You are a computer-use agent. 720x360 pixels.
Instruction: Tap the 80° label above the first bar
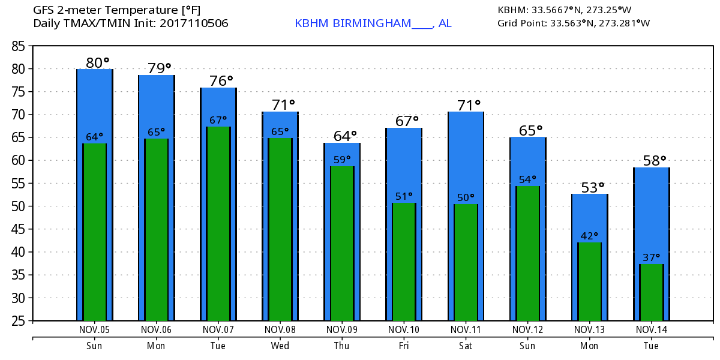point(98,62)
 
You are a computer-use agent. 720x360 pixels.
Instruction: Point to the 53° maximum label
point(593,187)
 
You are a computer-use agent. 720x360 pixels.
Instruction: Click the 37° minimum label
point(652,257)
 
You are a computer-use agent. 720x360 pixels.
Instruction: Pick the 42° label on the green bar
point(589,236)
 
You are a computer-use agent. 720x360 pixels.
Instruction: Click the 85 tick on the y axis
point(17,46)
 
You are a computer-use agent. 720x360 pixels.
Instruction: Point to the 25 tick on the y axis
point(17,320)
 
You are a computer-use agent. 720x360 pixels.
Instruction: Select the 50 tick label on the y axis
point(17,206)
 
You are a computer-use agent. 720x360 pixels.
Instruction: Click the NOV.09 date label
point(342,329)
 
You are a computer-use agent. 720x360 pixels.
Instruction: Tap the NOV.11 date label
point(466,329)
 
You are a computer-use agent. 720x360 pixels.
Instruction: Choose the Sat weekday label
point(466,346)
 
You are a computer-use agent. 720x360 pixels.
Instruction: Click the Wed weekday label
point(280,346)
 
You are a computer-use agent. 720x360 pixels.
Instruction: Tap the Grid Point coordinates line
point(574,23)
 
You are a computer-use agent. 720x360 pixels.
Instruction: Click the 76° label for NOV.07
point(221,80)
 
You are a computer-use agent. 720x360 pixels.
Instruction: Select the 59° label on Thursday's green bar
point(342,160)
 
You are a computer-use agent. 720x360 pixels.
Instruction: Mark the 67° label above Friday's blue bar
point(407,121)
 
